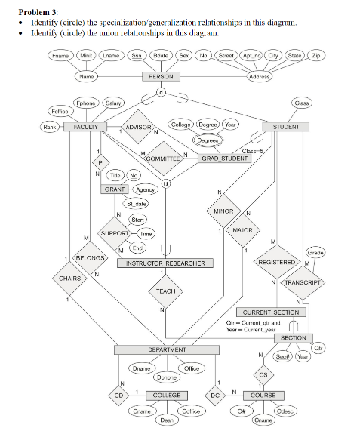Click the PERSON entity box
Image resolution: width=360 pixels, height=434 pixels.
(161, 77)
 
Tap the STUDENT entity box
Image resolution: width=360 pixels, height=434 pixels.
(285, 127)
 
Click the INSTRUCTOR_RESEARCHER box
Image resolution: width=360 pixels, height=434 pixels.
(165, 263)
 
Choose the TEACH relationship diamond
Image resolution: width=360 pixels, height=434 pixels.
(165, 291)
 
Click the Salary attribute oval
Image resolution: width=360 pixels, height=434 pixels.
(113, 102)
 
